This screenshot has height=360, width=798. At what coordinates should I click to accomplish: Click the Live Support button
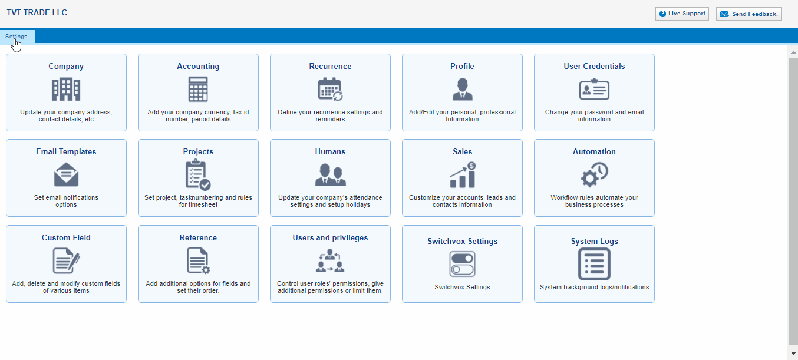tap(682, 14)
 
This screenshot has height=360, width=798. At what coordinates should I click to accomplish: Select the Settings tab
tap(17, 37)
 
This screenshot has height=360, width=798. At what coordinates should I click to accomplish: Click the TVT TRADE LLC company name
tap(37, 12)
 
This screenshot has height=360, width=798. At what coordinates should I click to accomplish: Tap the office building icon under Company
tap(66, 90)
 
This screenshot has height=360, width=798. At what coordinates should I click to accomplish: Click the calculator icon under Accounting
tap(198, 90)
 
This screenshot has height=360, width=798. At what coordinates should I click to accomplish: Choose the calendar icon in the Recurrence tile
tap(330, 90)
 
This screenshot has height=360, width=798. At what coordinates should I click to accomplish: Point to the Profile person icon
tap(463, 90)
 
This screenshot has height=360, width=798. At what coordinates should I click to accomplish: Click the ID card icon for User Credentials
tap(594, 90)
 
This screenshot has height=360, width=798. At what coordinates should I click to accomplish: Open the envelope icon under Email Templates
tap(66, 174)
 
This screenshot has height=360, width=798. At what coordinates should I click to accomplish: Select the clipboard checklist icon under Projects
tap(198, 175)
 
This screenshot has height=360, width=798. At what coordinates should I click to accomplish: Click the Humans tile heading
tap(330, 151)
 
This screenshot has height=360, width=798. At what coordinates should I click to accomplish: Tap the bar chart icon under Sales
tap(463, 175)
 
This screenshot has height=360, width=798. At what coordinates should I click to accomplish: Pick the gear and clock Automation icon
tap(594, 175)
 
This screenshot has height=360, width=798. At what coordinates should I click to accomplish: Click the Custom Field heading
tap(66, 237)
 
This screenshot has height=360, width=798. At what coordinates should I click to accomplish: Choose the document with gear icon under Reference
tap(198, 261)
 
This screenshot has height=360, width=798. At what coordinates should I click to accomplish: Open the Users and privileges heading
tap(330, 237)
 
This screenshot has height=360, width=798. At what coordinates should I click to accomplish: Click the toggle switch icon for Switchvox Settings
tap(463, 264)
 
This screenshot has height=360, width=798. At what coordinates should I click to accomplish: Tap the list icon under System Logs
tap(594, 264)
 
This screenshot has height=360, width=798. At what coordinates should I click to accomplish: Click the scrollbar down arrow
tap(793, 354)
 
